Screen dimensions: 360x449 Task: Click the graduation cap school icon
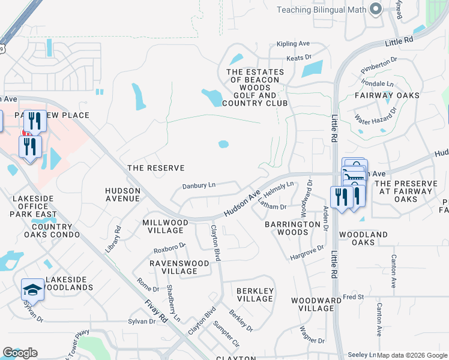point(32,290)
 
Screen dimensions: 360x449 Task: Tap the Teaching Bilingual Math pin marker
point(376,8)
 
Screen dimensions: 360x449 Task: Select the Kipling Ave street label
point(293,44)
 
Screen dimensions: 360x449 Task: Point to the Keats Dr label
point(300,57)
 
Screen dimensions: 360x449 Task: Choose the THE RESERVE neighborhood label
point(155,168)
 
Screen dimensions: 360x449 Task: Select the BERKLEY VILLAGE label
point(255,295)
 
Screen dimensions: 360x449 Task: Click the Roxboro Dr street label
point(169,247)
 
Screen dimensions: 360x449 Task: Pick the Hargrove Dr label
point(307,253)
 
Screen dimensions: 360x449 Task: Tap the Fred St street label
point(354,297)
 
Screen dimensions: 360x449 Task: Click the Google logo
point(20,353)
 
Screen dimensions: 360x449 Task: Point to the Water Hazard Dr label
point(376,121)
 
